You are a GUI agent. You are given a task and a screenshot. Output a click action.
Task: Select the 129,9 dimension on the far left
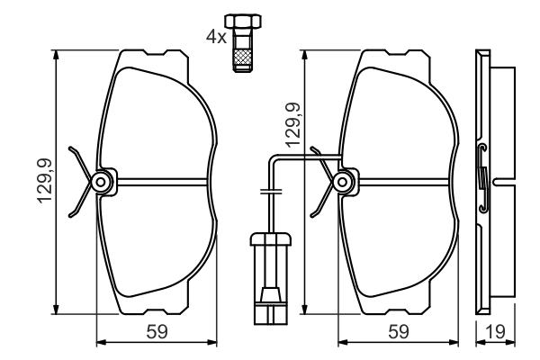coord(43,180)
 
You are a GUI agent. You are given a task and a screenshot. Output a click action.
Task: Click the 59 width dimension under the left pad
coord(157,331)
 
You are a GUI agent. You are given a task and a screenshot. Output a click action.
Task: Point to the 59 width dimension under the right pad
coord(396,331)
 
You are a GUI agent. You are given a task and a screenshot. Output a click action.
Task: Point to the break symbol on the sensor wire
coord(269,192)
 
